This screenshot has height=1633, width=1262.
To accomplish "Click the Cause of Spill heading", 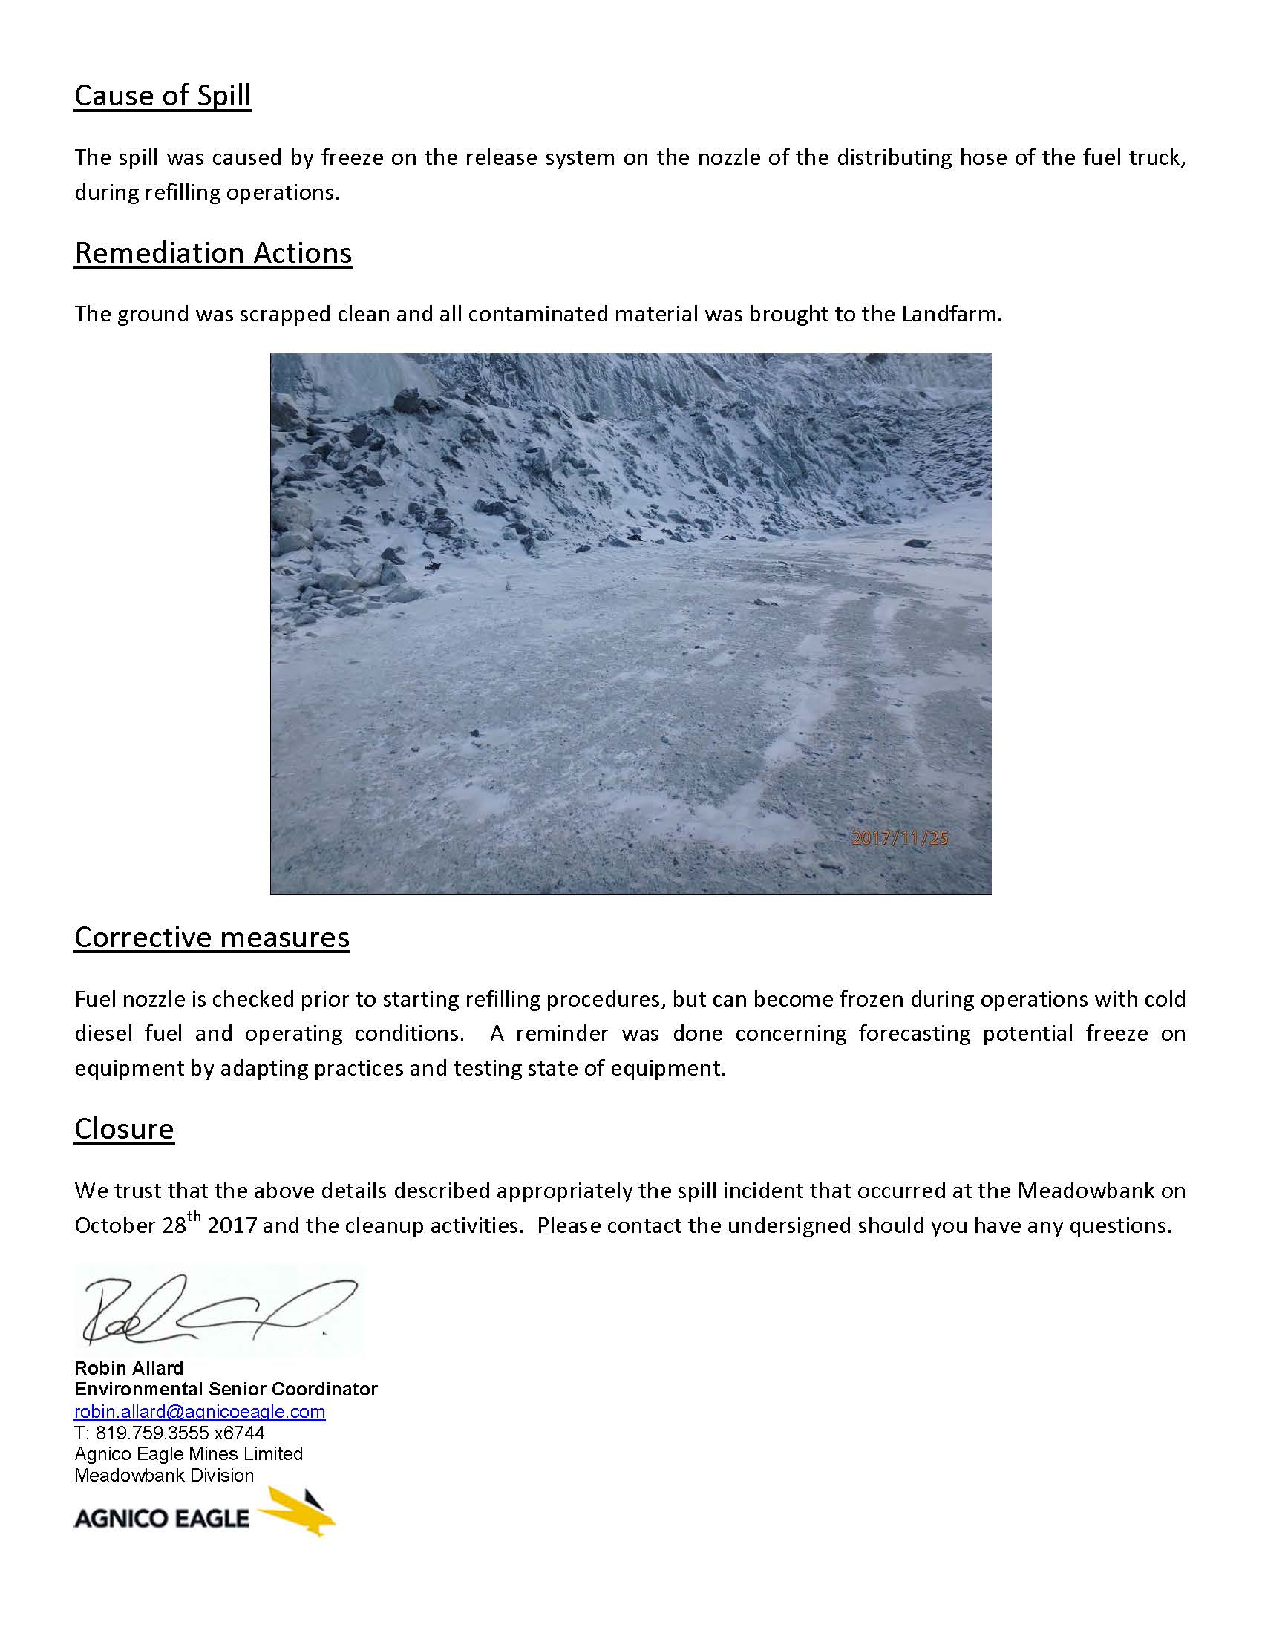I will tap(163, 96).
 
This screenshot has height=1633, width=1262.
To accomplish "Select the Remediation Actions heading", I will tap(213, 253).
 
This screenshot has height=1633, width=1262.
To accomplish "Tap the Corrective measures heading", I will tap(212, 937).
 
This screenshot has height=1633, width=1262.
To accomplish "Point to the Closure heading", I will tap(124, 1128).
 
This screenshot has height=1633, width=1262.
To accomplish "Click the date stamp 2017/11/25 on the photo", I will tap(900, 838).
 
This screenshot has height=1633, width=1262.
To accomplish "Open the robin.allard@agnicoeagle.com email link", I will tap(200, 1412).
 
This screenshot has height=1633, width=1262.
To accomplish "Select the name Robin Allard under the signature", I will tap(128, 1368).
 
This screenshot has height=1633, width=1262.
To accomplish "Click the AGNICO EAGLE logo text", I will tap(162, 1518).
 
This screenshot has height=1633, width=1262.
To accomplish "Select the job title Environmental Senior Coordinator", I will tap(226, 1390).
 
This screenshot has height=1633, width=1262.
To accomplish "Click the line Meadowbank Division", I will tap(164, 1475).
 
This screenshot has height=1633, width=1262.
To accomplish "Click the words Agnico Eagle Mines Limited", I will tap(189, 1454).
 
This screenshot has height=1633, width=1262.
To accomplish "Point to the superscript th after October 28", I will tap(194, 1217).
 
